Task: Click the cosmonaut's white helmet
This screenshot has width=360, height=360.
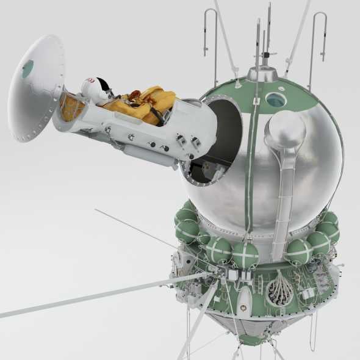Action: (96, 90)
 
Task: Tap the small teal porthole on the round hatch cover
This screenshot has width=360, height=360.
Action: (28, 68)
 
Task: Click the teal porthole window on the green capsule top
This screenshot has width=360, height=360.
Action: (276, 99)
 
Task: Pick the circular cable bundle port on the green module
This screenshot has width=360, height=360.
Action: (281, 289)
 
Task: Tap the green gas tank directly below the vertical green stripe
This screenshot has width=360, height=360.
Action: (245, 254)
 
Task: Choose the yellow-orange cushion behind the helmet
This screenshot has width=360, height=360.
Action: (73, 107)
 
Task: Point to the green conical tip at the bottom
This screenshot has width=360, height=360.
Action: (251, 337)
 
